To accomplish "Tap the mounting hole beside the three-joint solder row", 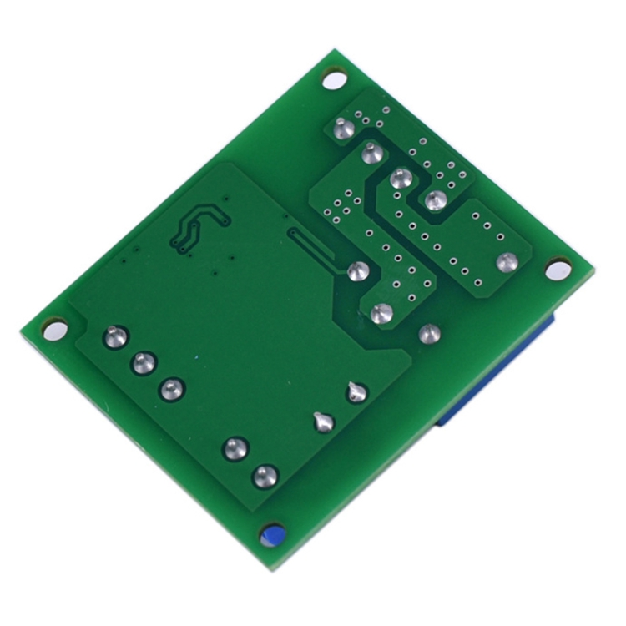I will point(52,328).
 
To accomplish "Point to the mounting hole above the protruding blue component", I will point(557,270).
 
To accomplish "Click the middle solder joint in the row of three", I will point(144,363).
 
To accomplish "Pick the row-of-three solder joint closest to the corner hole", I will point(115,337).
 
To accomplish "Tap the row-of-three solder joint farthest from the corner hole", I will point(172,388).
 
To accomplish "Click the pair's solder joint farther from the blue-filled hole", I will point(236,448).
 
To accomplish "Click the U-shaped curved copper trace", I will point(197,225).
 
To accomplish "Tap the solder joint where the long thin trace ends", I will point(358,271).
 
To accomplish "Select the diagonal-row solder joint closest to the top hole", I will point(341,129).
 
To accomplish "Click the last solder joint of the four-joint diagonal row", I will point(434,200).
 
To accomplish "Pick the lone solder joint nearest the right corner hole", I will point(504,262).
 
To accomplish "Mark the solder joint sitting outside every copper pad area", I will point(428,333).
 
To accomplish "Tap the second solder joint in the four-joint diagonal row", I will point(372,153).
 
